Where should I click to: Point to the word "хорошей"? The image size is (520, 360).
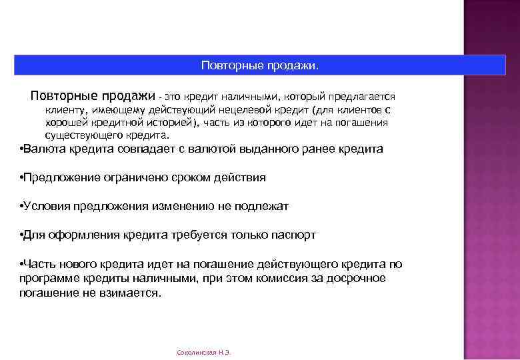click(66, 123)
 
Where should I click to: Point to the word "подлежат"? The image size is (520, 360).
click(263, 207)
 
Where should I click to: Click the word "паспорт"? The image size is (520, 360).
click(293, 235)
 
